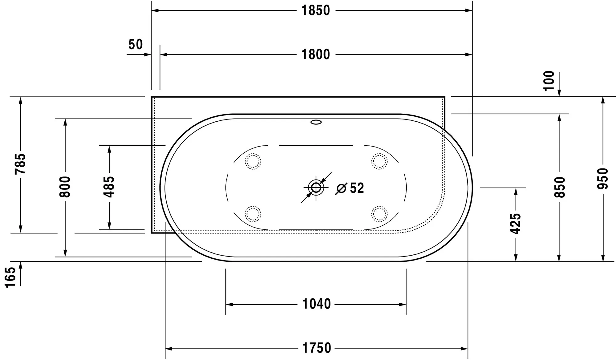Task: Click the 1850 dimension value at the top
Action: pyautogui.click(x=315, y=11)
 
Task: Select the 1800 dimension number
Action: pyautogui.click(x=315, y=55)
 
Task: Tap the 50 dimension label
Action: pyautogui.click(x=136, y=45)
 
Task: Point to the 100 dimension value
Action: pyautogui.click(x=549, y=81)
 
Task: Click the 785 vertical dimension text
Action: pyautogui.click(x=21, y=164)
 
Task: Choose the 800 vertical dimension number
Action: pyautogui.click(x=65, y=187)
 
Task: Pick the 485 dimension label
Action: pyautogui.click(x=109, y=187)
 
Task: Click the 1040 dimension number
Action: pyautogui.click(x=316, y=304)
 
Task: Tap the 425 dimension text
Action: pyautogui.click(x=515, y=224)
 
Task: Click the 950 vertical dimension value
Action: pyautogui.click(x=603, y=179)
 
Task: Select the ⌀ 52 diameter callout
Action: pyautogui.click(x=350, y=188)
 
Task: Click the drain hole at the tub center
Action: pyautogui.click(x=316, y=187)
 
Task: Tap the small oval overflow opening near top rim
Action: pyautogui.click(x=316, y=122)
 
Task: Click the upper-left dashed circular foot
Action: pyautogui.click(x=253, y=161)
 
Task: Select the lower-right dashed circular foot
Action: pyautogui.click(x=379, y=214)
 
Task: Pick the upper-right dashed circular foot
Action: pyautogui.click(x=379, y=161)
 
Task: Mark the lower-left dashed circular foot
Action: pyautogui.click(x=253, y=214)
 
